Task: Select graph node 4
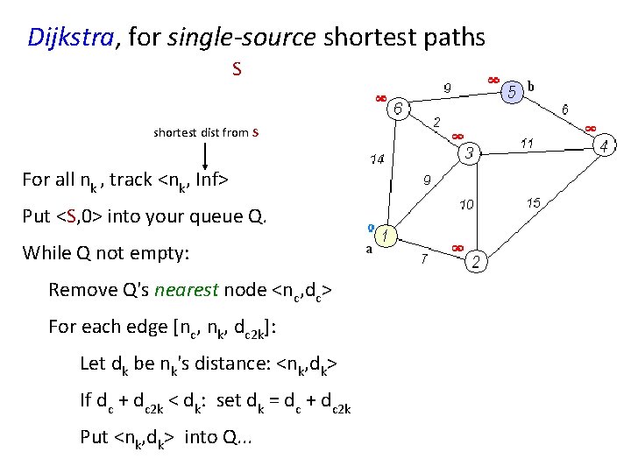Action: tap(602, 145)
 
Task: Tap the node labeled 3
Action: tap(470, 153)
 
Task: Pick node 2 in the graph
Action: tap(476, 260)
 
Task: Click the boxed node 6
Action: tap(398, 109)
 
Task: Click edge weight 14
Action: tap(376, 160)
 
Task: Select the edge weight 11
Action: tap(528, 142)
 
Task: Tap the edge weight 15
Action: tap(533, 202)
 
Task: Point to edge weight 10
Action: tap(467, 205)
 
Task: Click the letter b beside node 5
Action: tap(532, 86)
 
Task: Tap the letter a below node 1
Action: tap(369, 248)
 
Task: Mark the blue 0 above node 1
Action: tap(372, 226)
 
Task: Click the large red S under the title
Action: tap(237, 68)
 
